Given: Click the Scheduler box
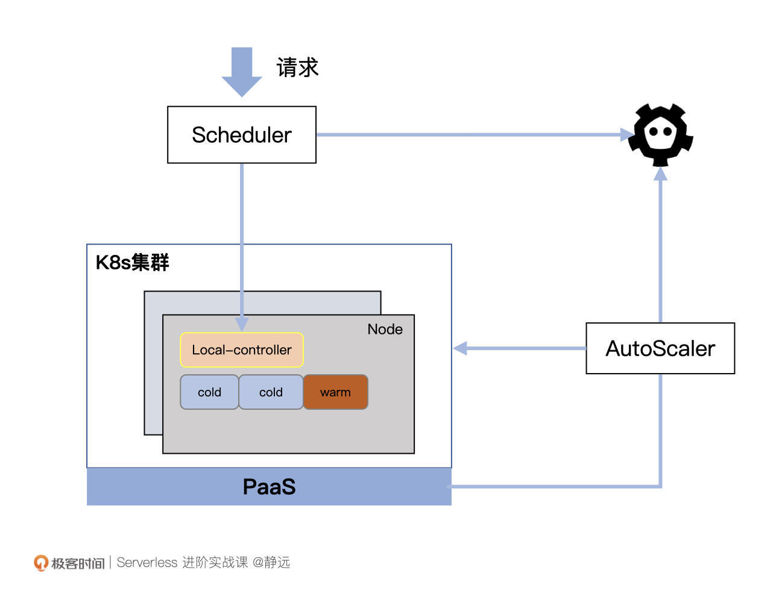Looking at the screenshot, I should pyautogui.click(x=241, y=135).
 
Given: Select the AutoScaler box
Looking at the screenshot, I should pyautogui.click(x=660, y=348).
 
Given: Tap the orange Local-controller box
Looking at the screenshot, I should pyautogui.click(x=241, y=350).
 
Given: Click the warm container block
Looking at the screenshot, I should pyautogui.click(x=335, y=392).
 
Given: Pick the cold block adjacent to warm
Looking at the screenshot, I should pyautogui.click(x=271, y=392).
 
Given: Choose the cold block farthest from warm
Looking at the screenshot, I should pyautogui.click(x=209, y=392).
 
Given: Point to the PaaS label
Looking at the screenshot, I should pyautogui.click(x=269, y=487).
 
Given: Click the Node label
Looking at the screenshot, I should pyautogui.click(x=385, y=329).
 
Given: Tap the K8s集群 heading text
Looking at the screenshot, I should pyautogui.click(x=133, y=263).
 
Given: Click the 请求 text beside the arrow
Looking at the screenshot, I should pyautogui.click(x=297, y=67).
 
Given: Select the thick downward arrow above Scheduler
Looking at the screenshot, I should pyautogui.click(x=242, y=71).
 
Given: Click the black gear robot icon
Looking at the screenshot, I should pyautogui.click(x=660, y=134).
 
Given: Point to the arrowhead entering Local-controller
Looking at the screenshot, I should pyautogui.click(x=242, y=325).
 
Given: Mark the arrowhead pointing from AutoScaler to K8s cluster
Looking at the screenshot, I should pyautogui.click(x=460, y=348).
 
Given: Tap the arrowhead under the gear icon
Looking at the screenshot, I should pyautogui.click(x=660, y=174).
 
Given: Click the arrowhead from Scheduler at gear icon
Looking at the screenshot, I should pyautogui.click(x=627, y=134).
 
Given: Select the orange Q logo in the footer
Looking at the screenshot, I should pyautogui.click(x=40, y=563).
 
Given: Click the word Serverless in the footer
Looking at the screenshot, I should pyautogui.click(x=147, y=563).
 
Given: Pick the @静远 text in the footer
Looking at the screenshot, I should pyautogui.click(x=271, y=563).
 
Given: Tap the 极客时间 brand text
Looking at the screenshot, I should pyautogui.click(x=78, y=563).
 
